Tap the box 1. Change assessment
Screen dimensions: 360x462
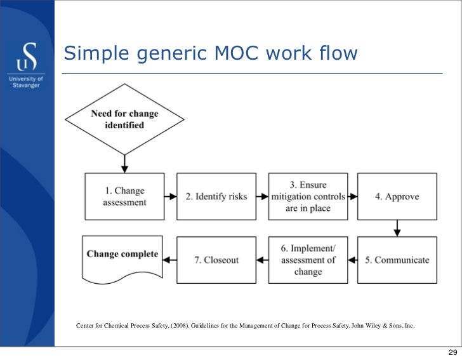click(x=125, y=196)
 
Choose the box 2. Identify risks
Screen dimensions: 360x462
click(x=216, y=196)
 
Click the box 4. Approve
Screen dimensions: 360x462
click(x=397, y=196)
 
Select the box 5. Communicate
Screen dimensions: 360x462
click(x=397, y=259)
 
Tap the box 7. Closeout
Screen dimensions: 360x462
click(x=216, y=259)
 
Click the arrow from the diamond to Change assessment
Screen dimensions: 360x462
click(x=125, y=163)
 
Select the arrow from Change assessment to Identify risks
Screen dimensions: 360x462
click(x=171, y=196)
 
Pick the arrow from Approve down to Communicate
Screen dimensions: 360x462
click(x=397, y=227)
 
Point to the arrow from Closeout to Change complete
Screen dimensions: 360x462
click(x=170, y=259)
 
